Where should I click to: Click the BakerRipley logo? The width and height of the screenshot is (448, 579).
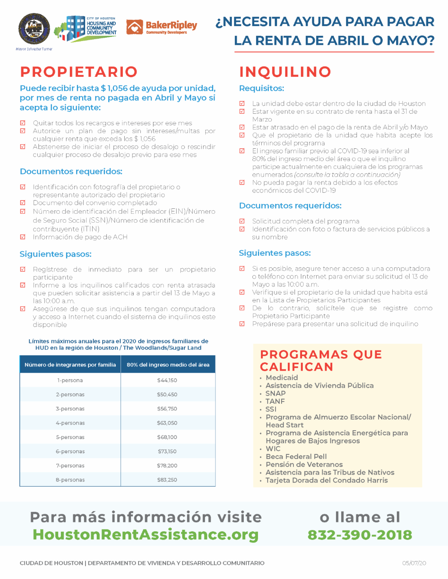click(x=162, y=27)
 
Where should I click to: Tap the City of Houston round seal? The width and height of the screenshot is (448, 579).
click(x=34, y=29)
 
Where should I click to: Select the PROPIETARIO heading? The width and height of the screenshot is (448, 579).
click(x=79, y=72)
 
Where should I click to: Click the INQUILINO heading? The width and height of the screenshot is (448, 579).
click(x=285, y=72)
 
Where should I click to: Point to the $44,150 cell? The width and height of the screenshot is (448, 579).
click(x=167, y=380)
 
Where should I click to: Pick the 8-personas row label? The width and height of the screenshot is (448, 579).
click(x=70, y=480)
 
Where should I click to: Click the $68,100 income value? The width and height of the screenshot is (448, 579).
click(x=167, y=437)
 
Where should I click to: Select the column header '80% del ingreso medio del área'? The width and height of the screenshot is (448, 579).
click(x=168, y=365)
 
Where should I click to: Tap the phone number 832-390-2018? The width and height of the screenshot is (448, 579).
click(x=360, y=535)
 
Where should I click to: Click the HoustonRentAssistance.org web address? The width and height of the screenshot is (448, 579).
click(x=146, y=535)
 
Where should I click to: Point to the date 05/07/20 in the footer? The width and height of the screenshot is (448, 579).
click(x=414, y=563)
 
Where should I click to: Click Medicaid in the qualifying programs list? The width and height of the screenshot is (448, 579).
click(x=282, y=378)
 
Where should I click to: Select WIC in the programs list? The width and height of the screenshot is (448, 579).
click(x=273, y=449)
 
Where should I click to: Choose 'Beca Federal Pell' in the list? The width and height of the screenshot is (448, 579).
click(x=296, y=457)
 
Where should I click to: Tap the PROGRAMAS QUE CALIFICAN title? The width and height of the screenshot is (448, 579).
click(x=321, y=361)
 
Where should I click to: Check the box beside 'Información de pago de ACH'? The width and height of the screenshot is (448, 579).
click(x=23, y=237)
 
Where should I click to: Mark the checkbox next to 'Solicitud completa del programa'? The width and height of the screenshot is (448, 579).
click(x=242, y=221)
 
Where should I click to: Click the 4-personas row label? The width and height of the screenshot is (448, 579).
click(x=70, y=423)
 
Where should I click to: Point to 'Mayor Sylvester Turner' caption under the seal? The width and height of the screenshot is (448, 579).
click(x=34, y=49)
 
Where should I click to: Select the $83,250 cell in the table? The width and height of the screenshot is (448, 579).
click(x=167, y=480)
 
